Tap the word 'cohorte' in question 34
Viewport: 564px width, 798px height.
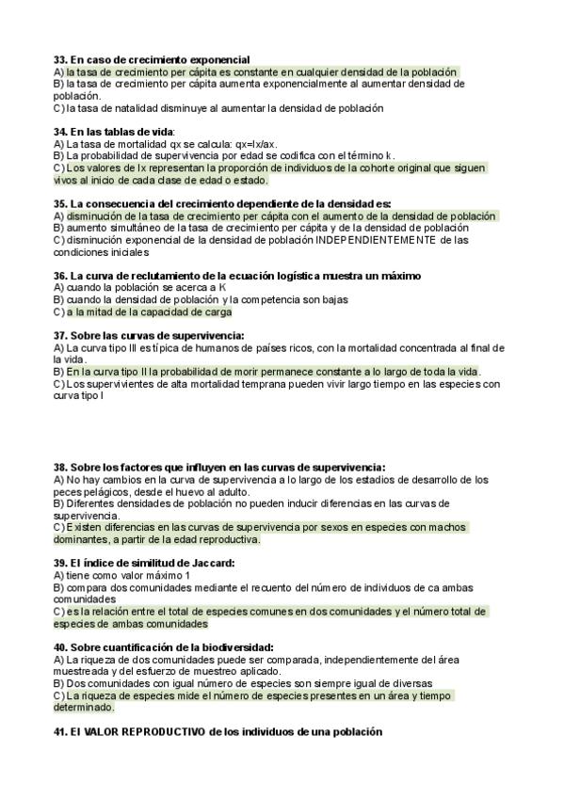(376, 168)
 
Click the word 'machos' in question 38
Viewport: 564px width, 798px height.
(443, 528)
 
